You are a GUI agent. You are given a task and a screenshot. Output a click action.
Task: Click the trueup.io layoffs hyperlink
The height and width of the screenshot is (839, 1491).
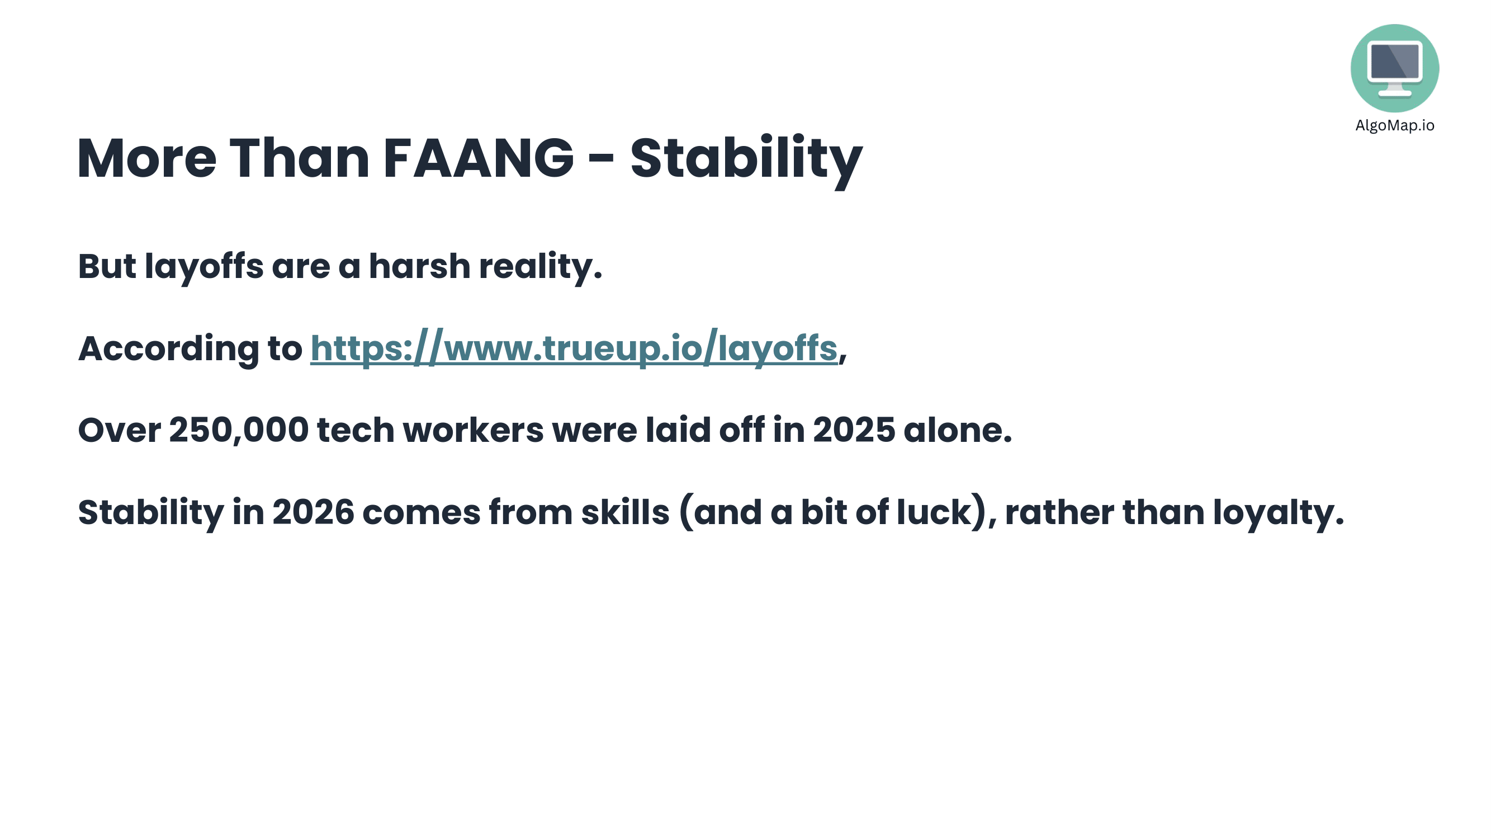[574, 348]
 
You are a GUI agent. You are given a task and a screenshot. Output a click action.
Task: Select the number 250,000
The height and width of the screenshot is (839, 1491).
[239, 430]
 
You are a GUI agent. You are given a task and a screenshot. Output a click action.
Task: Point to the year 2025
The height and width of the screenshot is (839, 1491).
[854, 430]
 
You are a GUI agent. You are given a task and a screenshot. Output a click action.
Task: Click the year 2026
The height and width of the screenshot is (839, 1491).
[313, 512]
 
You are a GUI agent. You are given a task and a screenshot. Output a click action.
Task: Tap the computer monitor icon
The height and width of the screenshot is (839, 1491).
[1394, 68]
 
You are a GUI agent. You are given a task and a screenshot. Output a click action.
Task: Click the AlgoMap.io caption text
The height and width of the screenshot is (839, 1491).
[1394, 126]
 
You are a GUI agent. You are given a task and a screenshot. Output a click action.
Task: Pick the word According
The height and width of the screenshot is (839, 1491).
[168, 348]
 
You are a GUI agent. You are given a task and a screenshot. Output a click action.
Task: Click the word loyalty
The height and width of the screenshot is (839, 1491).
[1278, 512]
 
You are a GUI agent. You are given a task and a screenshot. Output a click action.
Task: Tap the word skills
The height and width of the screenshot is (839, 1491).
[625, 512]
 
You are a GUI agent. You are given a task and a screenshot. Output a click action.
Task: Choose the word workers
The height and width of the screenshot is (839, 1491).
[473, 430]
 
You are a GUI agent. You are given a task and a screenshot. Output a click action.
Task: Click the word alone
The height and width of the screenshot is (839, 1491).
[957, 430]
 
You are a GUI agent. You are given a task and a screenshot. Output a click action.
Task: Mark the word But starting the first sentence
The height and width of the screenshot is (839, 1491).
[107, 266]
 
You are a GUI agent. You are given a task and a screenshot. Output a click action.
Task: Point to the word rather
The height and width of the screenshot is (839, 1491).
[1059, 512]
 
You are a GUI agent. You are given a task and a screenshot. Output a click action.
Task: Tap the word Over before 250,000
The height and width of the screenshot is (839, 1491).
[119, 430]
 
